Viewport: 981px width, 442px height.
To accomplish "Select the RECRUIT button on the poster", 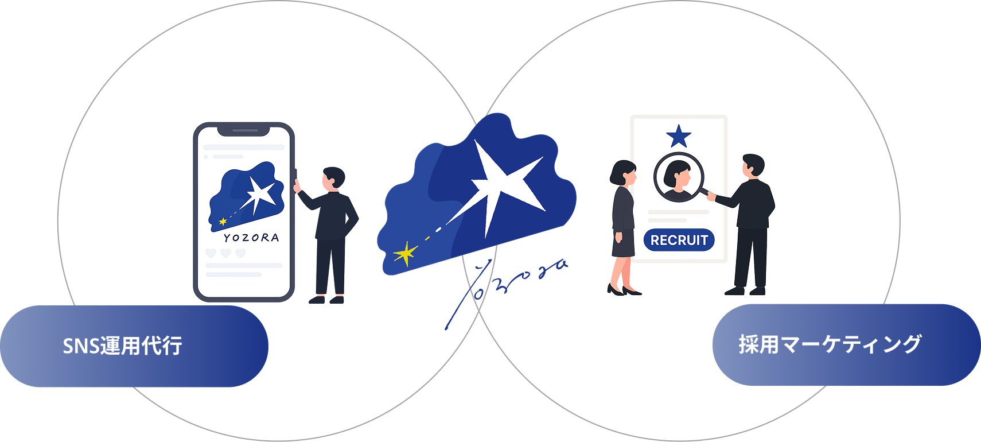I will click(x=679, y=240).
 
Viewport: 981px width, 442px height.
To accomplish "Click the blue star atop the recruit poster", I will click(x=679, y=137).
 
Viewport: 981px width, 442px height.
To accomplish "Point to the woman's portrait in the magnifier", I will click(x=679, y=177).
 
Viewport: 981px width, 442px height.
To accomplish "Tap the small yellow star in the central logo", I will click(x=406, y=254).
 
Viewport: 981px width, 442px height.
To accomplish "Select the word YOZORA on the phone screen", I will click(x=252, y=238).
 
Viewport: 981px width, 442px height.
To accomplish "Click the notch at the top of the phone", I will click(x=245, y=130).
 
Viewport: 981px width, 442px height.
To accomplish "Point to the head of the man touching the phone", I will click(x=332, y=177).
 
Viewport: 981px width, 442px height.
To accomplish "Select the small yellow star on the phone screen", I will click(x=223, y=221).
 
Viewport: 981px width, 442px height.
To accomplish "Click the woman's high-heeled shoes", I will click(x=624, y=291).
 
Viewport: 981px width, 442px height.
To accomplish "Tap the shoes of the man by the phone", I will click(x=326, y=300).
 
